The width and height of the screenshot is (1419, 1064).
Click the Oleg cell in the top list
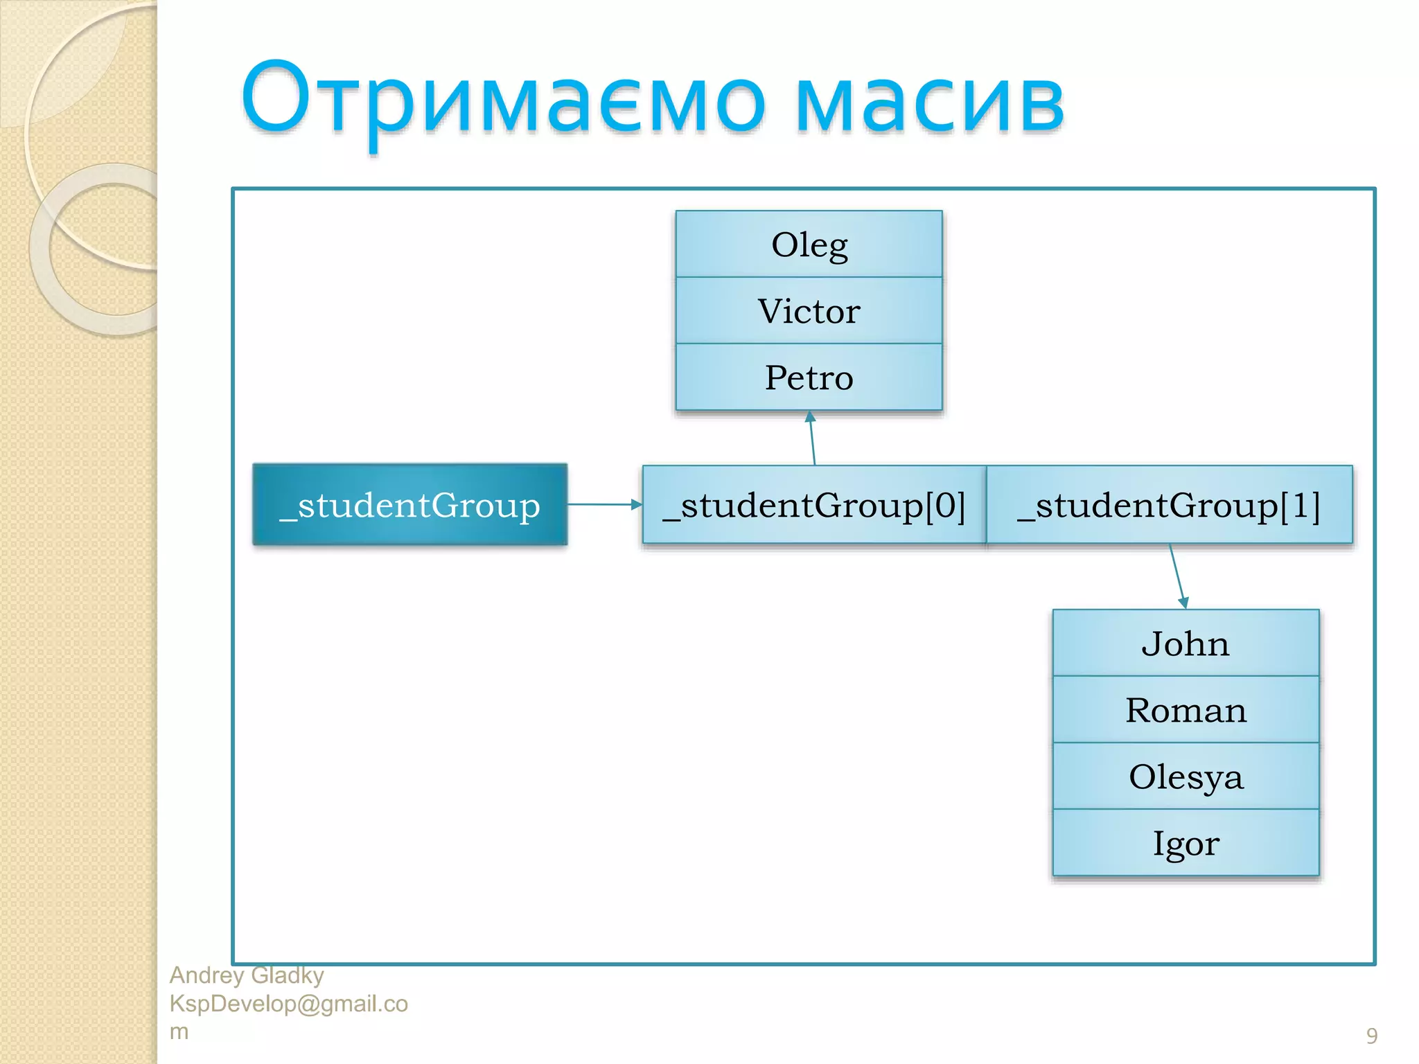809,245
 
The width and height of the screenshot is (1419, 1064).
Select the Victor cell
809,311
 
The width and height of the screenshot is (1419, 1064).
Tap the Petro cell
809,378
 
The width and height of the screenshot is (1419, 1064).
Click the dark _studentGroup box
409,505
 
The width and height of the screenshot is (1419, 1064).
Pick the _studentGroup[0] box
813,505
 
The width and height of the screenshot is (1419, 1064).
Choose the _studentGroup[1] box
1169,505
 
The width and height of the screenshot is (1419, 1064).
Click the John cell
1186,644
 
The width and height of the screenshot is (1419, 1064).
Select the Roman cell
1186,710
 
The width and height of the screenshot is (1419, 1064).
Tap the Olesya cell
1186,777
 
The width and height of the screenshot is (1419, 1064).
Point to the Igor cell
1186,843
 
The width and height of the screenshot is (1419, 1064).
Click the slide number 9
1371,1036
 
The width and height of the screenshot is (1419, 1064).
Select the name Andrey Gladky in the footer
247,975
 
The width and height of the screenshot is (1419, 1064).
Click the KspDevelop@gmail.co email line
288,1004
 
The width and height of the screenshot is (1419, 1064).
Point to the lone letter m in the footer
179,1031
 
